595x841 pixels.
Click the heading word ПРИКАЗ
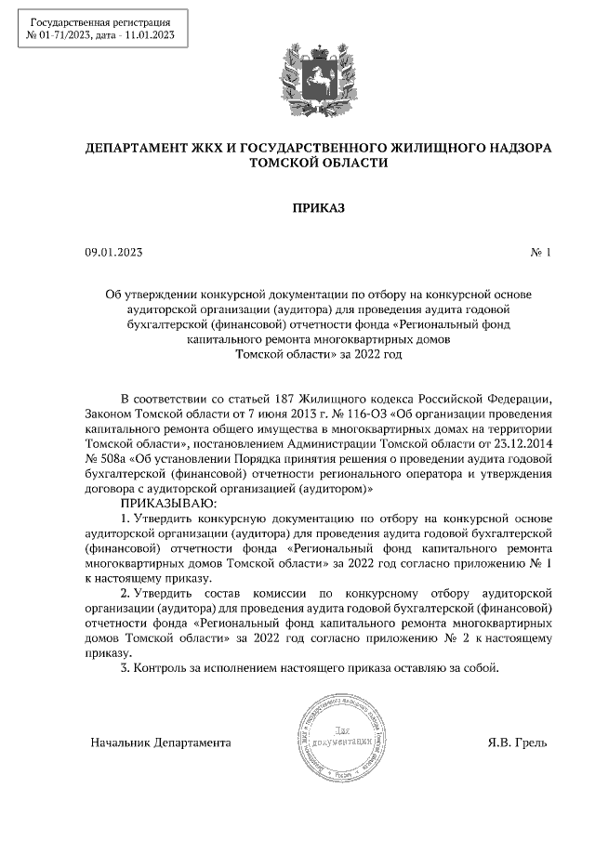318,208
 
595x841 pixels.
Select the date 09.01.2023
113,253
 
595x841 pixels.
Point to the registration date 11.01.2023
147,35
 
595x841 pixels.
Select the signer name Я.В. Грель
517,742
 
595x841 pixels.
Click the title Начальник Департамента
161,742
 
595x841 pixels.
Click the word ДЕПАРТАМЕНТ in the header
141,148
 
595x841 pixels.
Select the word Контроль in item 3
160,667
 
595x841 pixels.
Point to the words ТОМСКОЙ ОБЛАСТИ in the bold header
317,163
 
